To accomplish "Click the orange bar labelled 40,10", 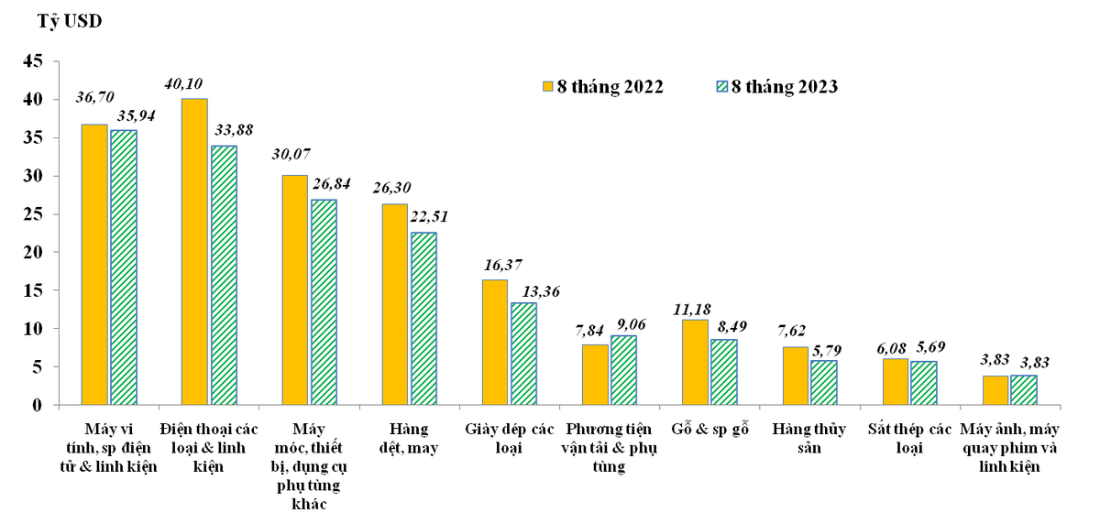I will click(194, 251).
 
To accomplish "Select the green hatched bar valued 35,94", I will click(124, 267).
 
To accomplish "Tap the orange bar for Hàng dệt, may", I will click(394, 303).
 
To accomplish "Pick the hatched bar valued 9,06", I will click(623, 370).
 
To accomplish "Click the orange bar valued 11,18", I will click(695, 362).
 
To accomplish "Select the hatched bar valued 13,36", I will click(523, 354).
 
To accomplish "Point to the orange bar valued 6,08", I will click(895, 381).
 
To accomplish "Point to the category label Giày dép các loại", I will click(510, 438).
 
